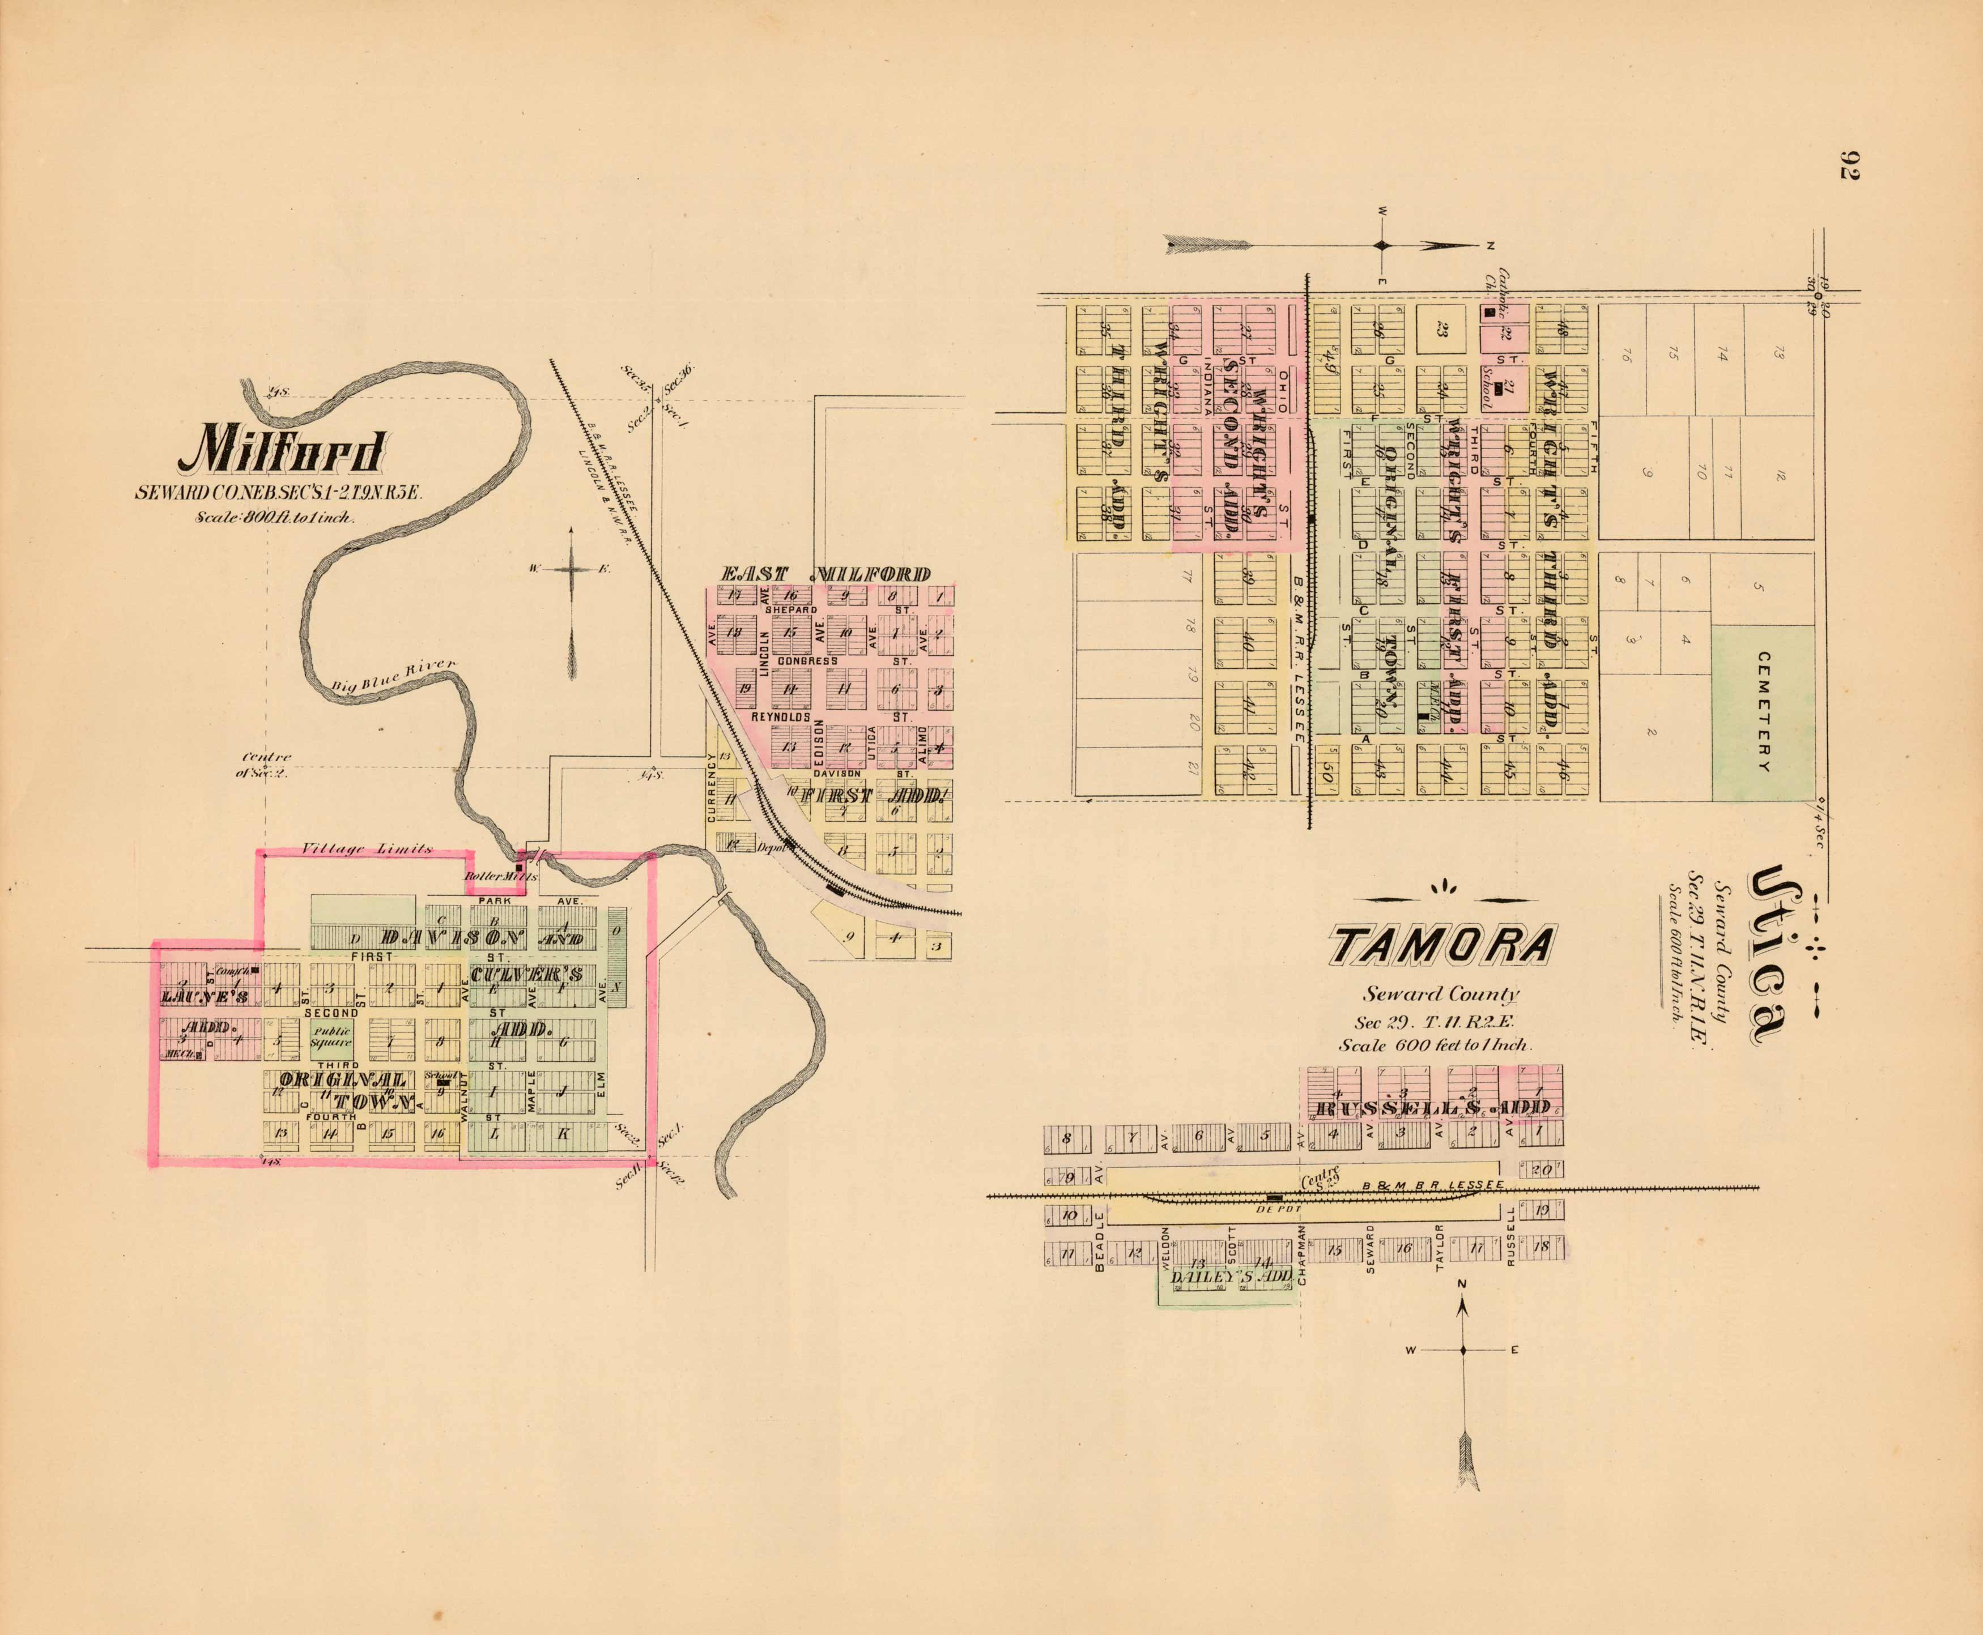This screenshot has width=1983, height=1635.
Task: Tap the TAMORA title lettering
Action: pyautogui.click(x=1441, y=946)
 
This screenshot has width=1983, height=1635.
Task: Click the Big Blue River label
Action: pyautogui.click(x=394, y=676)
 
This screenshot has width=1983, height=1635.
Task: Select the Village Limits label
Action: pyautogui.click(x=367, y=849)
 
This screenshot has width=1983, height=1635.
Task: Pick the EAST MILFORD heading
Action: pyautogui.click(x=826, y=574)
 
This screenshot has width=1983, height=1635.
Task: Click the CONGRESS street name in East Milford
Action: pyautogui.click(x=807, y=661)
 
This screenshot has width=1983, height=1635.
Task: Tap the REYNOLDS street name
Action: pyautogui.click(x=780, y=718)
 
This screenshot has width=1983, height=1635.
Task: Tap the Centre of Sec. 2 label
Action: pyautogui.click(x=267, y=765)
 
